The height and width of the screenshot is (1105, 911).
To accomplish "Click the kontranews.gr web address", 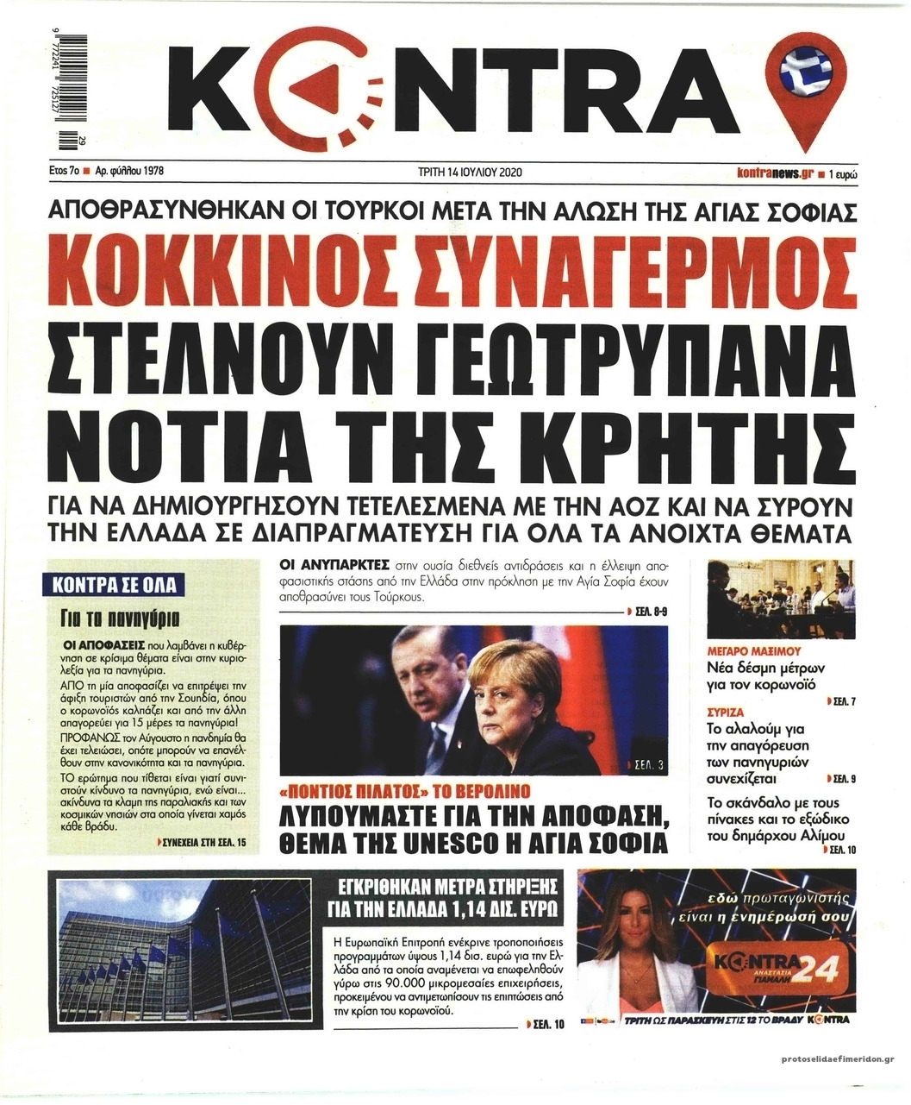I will (x=776, y=173).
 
